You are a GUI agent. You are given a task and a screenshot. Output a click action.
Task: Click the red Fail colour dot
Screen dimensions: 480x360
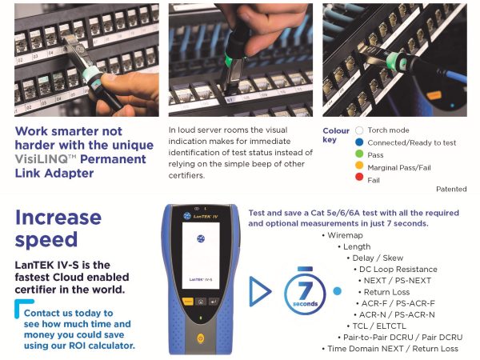[359, 177]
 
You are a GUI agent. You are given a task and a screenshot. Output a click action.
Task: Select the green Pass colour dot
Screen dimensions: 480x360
[359, 154]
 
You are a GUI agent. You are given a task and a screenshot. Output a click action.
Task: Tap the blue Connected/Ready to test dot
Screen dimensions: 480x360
[359, 142]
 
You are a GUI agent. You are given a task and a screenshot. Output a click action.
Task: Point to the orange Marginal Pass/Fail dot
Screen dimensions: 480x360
[359, 166]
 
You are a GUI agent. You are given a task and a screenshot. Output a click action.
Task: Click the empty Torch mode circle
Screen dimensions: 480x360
[359, 130]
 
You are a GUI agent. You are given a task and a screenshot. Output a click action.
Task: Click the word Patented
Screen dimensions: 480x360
[451, 189]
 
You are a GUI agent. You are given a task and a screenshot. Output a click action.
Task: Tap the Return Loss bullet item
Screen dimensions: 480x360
[384, 292]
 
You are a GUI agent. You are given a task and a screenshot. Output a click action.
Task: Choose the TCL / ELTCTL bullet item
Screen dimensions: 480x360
[377, 326]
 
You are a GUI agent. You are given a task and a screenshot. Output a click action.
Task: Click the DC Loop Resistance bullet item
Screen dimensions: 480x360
[395, 270]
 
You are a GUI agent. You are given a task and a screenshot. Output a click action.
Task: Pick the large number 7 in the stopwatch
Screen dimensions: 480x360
[305, 290]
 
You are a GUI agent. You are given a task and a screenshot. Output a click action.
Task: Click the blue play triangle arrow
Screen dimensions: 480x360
[260, 291]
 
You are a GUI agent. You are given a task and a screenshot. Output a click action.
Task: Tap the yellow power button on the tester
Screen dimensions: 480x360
[201, 338]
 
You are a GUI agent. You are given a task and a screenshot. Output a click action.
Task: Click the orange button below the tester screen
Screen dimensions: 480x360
[188, 302]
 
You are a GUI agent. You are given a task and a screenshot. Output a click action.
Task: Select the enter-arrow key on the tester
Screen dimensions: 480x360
[214, 302]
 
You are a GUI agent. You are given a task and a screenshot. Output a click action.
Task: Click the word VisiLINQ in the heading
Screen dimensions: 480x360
[42, 159]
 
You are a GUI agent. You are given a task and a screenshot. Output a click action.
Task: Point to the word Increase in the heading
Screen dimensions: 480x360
[58, 218]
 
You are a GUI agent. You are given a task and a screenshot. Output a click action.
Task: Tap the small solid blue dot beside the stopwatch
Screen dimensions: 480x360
[337, 291]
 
